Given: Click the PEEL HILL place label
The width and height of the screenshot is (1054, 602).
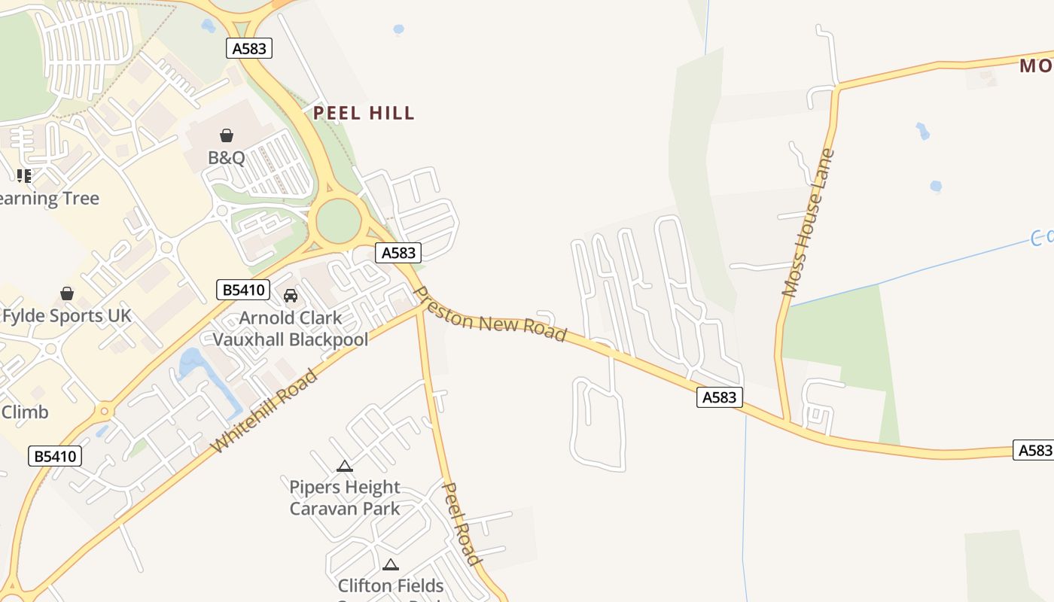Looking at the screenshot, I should (364, 114).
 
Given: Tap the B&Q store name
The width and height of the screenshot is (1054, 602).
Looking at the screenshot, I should (227, 158).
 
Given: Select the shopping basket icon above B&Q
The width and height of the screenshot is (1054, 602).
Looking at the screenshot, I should (227, 135).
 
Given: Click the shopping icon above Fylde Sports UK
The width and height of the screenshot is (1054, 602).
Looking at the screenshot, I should (67, 293).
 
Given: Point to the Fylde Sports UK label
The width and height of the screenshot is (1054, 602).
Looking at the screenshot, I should (66, 315).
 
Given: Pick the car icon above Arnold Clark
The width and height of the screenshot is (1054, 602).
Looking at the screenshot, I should (291, 295).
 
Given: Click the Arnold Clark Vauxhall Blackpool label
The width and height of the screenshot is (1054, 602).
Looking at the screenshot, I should (291, 329).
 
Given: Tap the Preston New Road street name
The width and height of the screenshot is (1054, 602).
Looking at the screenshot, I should (490, 314).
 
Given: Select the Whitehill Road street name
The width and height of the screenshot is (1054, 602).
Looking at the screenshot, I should (264, 411).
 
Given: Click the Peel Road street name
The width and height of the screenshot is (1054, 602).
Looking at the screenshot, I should (460, 524).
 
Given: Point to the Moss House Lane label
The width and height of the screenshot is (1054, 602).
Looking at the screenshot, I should (809, 223).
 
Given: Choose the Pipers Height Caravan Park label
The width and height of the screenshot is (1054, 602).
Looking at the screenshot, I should (345, 497).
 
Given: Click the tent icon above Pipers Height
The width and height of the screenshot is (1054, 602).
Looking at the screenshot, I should (345, 467).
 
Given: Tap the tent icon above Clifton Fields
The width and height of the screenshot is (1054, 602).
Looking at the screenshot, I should (390, 564).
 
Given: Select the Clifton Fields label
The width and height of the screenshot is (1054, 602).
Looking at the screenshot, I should (391, 585).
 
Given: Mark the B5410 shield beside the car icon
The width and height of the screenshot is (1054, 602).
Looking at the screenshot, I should (242, 290).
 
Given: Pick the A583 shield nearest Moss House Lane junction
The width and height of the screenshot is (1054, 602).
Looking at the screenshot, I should (719, 397).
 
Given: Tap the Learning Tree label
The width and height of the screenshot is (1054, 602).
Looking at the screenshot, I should (50, 199).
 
